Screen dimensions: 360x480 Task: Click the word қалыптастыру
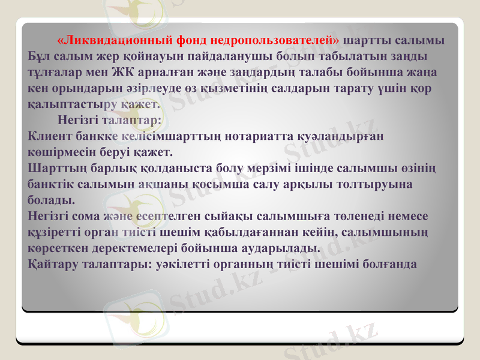[71, 104]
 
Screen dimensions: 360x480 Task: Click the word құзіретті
[58, 230]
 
